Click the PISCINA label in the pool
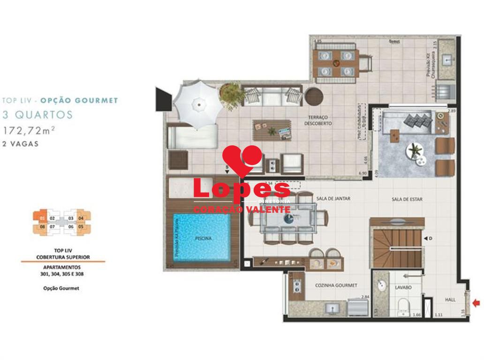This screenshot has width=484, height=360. click(x=203, y=238)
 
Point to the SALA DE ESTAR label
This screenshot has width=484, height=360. click(x=407, y=199)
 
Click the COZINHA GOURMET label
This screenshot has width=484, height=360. click(x=336, y=285)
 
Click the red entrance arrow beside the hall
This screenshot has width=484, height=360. click(x=476, y=303)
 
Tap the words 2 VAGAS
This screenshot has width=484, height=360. click(x=21, y=144)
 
